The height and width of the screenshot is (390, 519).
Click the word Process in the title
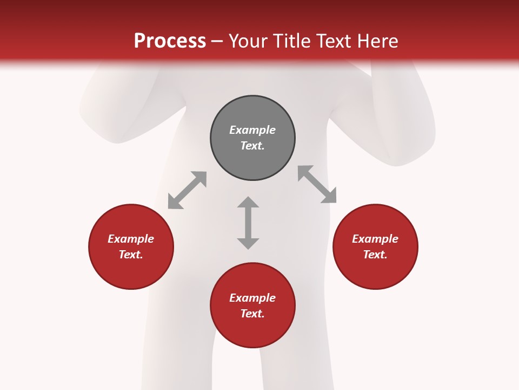click(x=170, y=41)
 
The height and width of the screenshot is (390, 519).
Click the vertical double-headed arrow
click(x=248, y=223)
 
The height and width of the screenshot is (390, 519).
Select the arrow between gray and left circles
click(x=187, y=190)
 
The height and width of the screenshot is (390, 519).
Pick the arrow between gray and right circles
click(x=317, y=184)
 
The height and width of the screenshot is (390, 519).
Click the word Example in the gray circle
click(x=252, y=130)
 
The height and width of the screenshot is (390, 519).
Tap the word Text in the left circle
click(x=131, y=255)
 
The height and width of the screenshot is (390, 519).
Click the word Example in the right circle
click(x=375, y=239)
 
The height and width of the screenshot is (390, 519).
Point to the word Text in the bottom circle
click(x=252, y=314)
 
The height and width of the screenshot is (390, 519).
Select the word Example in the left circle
click(x=131, y=239)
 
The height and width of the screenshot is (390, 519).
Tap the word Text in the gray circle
click(x=252, y=146)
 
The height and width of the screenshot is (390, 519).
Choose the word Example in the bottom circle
click(x=252, y=298)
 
